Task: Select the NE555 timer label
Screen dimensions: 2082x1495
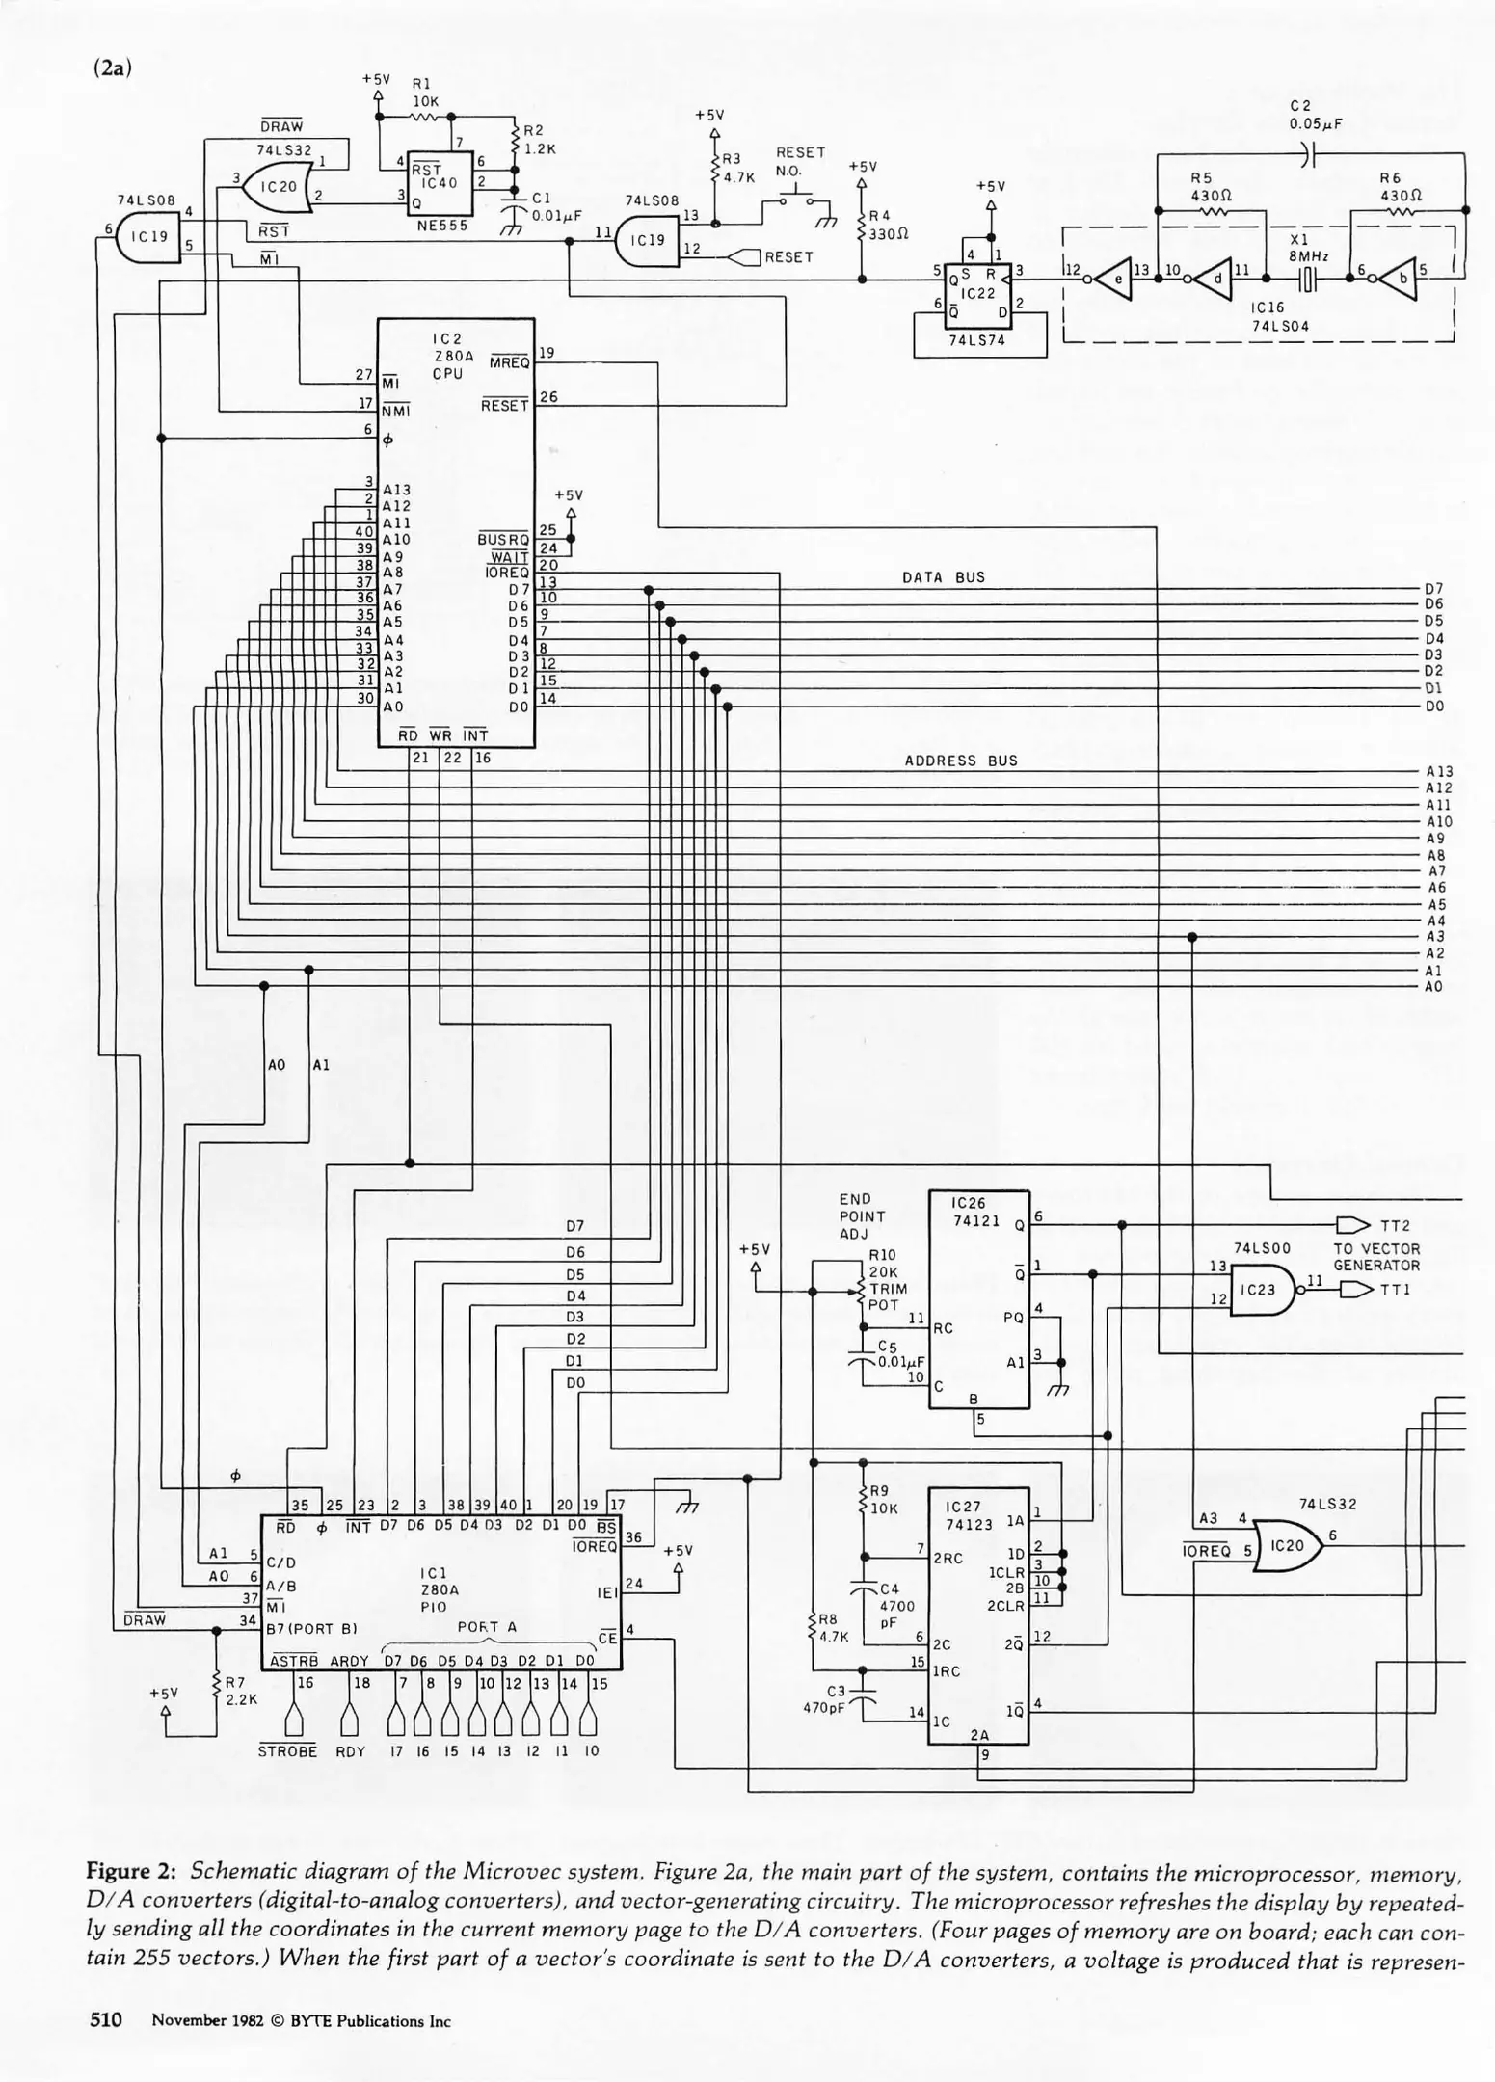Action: (x=438, y=226)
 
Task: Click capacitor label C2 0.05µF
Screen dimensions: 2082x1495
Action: (x=1316, y=115)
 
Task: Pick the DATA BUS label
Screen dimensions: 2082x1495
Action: (x=943, y=577)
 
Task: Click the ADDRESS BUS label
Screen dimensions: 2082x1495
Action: (x=960, y=761)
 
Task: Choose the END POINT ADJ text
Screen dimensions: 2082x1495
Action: (x=861, y=1216)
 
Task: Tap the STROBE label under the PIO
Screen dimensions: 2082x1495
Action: (x=287, y=1751)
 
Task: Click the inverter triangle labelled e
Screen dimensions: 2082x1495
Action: (x=1111, y=280)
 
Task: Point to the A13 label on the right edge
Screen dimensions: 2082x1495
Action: (x=1438, y=771)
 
